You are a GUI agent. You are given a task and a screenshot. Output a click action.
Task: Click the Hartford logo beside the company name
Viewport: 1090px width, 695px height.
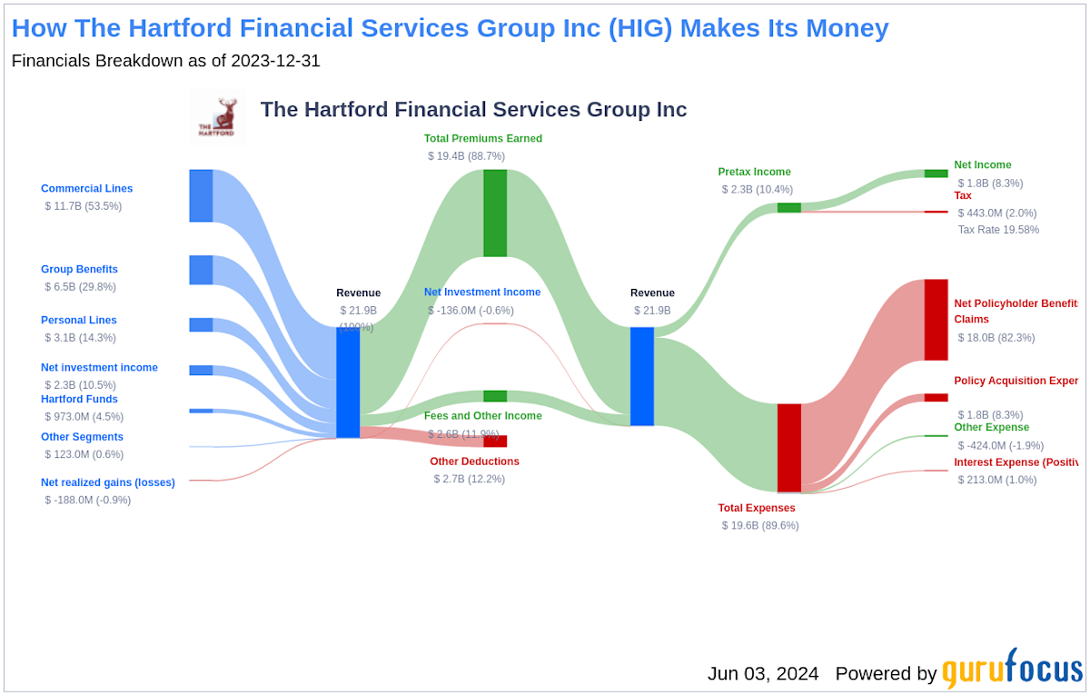coord(217,117)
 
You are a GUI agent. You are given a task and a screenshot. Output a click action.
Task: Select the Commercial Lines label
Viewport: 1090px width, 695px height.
coord(86,189)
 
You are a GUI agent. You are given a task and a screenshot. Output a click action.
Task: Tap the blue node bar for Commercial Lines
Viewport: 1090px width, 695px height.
coord(201,195)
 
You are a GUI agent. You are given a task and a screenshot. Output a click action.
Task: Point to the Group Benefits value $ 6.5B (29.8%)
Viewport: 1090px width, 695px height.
coord(81,287)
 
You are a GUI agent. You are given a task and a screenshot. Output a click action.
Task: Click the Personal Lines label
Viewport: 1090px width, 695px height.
coord(78,321)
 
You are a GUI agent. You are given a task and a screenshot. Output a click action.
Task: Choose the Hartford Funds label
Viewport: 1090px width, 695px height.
coord(79,400)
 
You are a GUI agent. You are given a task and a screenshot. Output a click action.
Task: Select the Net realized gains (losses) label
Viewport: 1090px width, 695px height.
coord(107,483)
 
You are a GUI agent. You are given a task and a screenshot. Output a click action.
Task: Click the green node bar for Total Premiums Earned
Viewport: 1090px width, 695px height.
coord(495,213)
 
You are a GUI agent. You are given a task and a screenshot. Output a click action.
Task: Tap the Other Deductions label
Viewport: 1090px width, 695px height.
coord(474,462)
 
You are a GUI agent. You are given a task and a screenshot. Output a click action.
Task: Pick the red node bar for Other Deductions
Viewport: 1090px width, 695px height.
coord(495,441)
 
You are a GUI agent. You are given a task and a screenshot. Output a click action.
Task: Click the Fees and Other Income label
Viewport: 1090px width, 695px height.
coord(482,416)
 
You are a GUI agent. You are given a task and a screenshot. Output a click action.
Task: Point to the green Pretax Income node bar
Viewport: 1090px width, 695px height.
coord(788,208)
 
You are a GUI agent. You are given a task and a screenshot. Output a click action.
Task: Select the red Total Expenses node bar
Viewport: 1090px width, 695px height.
coord(788,448)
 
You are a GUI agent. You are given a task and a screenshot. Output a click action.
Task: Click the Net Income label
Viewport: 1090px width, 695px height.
coord(982,165)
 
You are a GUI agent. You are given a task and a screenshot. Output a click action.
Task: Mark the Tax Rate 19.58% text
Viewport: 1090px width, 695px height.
coord(998,230)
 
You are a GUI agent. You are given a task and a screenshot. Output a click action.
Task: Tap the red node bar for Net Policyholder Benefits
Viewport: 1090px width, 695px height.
coord(936,320)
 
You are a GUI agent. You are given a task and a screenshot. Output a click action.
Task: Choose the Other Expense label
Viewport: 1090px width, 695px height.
coord(991,428)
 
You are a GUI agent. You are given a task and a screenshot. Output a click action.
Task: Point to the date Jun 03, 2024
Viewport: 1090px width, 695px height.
coord(763,673)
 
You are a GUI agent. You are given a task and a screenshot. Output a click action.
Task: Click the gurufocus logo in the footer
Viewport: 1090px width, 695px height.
coord(1012,670)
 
